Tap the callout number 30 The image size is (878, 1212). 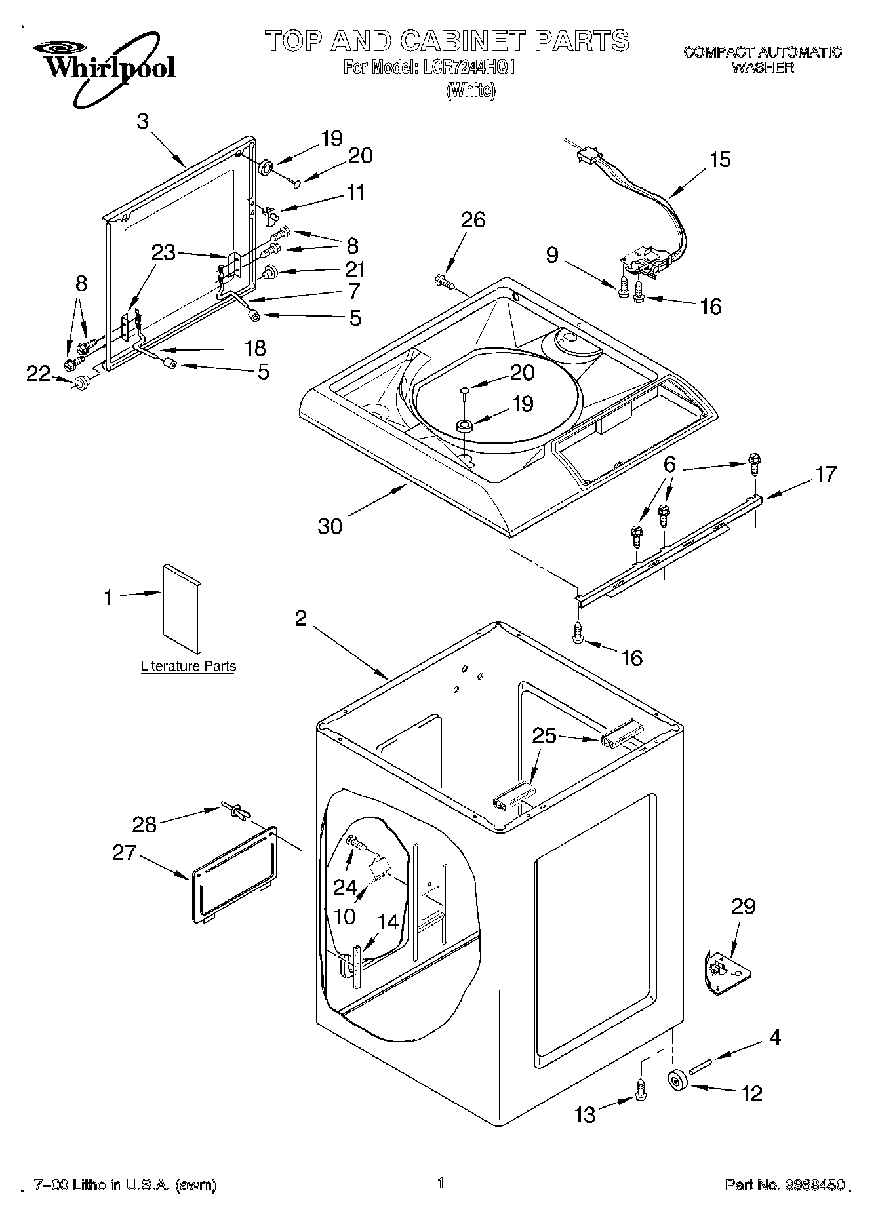330,526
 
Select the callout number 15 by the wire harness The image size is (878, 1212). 719,159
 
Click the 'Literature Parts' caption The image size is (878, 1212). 188,666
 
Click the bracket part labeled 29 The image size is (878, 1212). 727,970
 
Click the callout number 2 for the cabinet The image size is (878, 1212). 300,617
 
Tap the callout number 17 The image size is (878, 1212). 826,473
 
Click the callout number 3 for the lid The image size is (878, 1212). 142,121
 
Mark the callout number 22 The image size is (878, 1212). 38,373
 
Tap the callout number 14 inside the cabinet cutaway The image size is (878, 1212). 388,922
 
